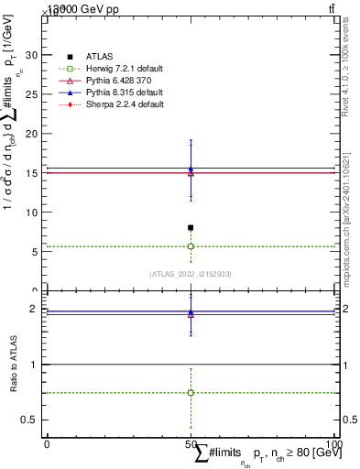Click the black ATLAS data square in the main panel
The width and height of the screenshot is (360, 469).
(191, 227)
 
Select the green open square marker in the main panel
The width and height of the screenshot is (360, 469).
(191, 246)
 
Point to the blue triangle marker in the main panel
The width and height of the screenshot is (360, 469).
(191, 169)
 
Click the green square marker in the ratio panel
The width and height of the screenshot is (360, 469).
(191, 392)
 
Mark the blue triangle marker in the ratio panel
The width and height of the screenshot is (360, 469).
(191, 312)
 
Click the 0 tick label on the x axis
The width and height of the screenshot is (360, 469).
(47, 444)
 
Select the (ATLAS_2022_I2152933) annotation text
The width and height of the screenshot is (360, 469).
(190, 274)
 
